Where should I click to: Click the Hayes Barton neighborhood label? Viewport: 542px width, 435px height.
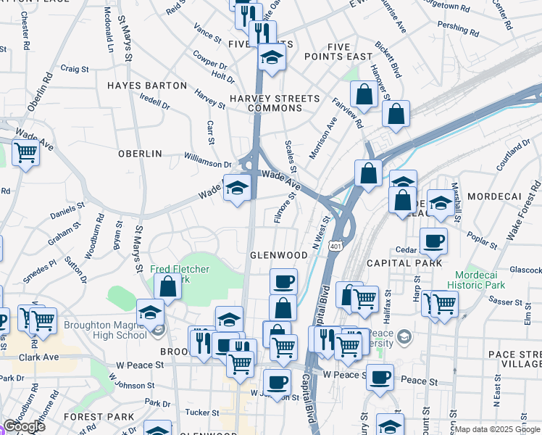click(x=147, y=86)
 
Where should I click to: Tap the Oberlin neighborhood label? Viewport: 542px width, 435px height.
click(x=140, y=154)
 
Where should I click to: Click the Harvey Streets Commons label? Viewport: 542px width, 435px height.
click(x=274, y=103)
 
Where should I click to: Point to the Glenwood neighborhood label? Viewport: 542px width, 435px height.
click(x=279, y=255)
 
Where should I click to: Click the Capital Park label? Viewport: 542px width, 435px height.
click(x=404, y=263)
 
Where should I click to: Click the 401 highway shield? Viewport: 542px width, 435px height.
click(x=335, y=246)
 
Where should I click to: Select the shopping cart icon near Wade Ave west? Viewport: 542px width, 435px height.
click(x=25, y=152)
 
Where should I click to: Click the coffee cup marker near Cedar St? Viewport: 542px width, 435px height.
click(x=433, y=241)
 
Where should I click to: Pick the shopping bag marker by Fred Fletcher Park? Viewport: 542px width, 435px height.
click(x=168, y=286)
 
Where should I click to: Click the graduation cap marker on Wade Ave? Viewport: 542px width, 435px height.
click(x=236, y=188)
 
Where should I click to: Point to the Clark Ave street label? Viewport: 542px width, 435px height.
click(x=40, y=357)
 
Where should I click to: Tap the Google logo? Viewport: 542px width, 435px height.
click(x=24, y=426)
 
